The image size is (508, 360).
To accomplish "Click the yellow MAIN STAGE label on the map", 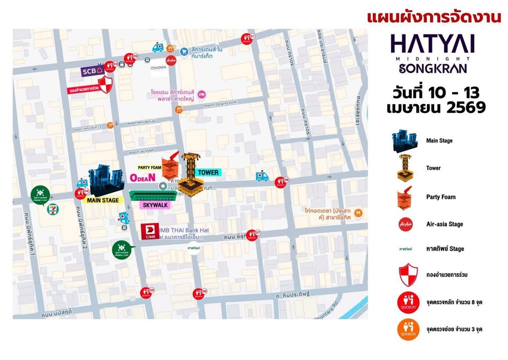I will [x=103, y=200].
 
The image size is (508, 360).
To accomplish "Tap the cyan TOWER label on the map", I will [x=208, y=172].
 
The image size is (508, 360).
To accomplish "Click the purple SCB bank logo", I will [x=92, y=71].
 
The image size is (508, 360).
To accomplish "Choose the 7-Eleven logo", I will [x=52, y=209].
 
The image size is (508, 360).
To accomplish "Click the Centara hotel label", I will [x=158, y=67].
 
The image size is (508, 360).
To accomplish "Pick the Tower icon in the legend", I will [x=405, y=167].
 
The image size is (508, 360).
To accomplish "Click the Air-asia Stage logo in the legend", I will [x=405, y=224].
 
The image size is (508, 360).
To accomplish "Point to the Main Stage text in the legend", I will [x=439, y=140].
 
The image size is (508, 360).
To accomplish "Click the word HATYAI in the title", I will [x=432, y=44].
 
